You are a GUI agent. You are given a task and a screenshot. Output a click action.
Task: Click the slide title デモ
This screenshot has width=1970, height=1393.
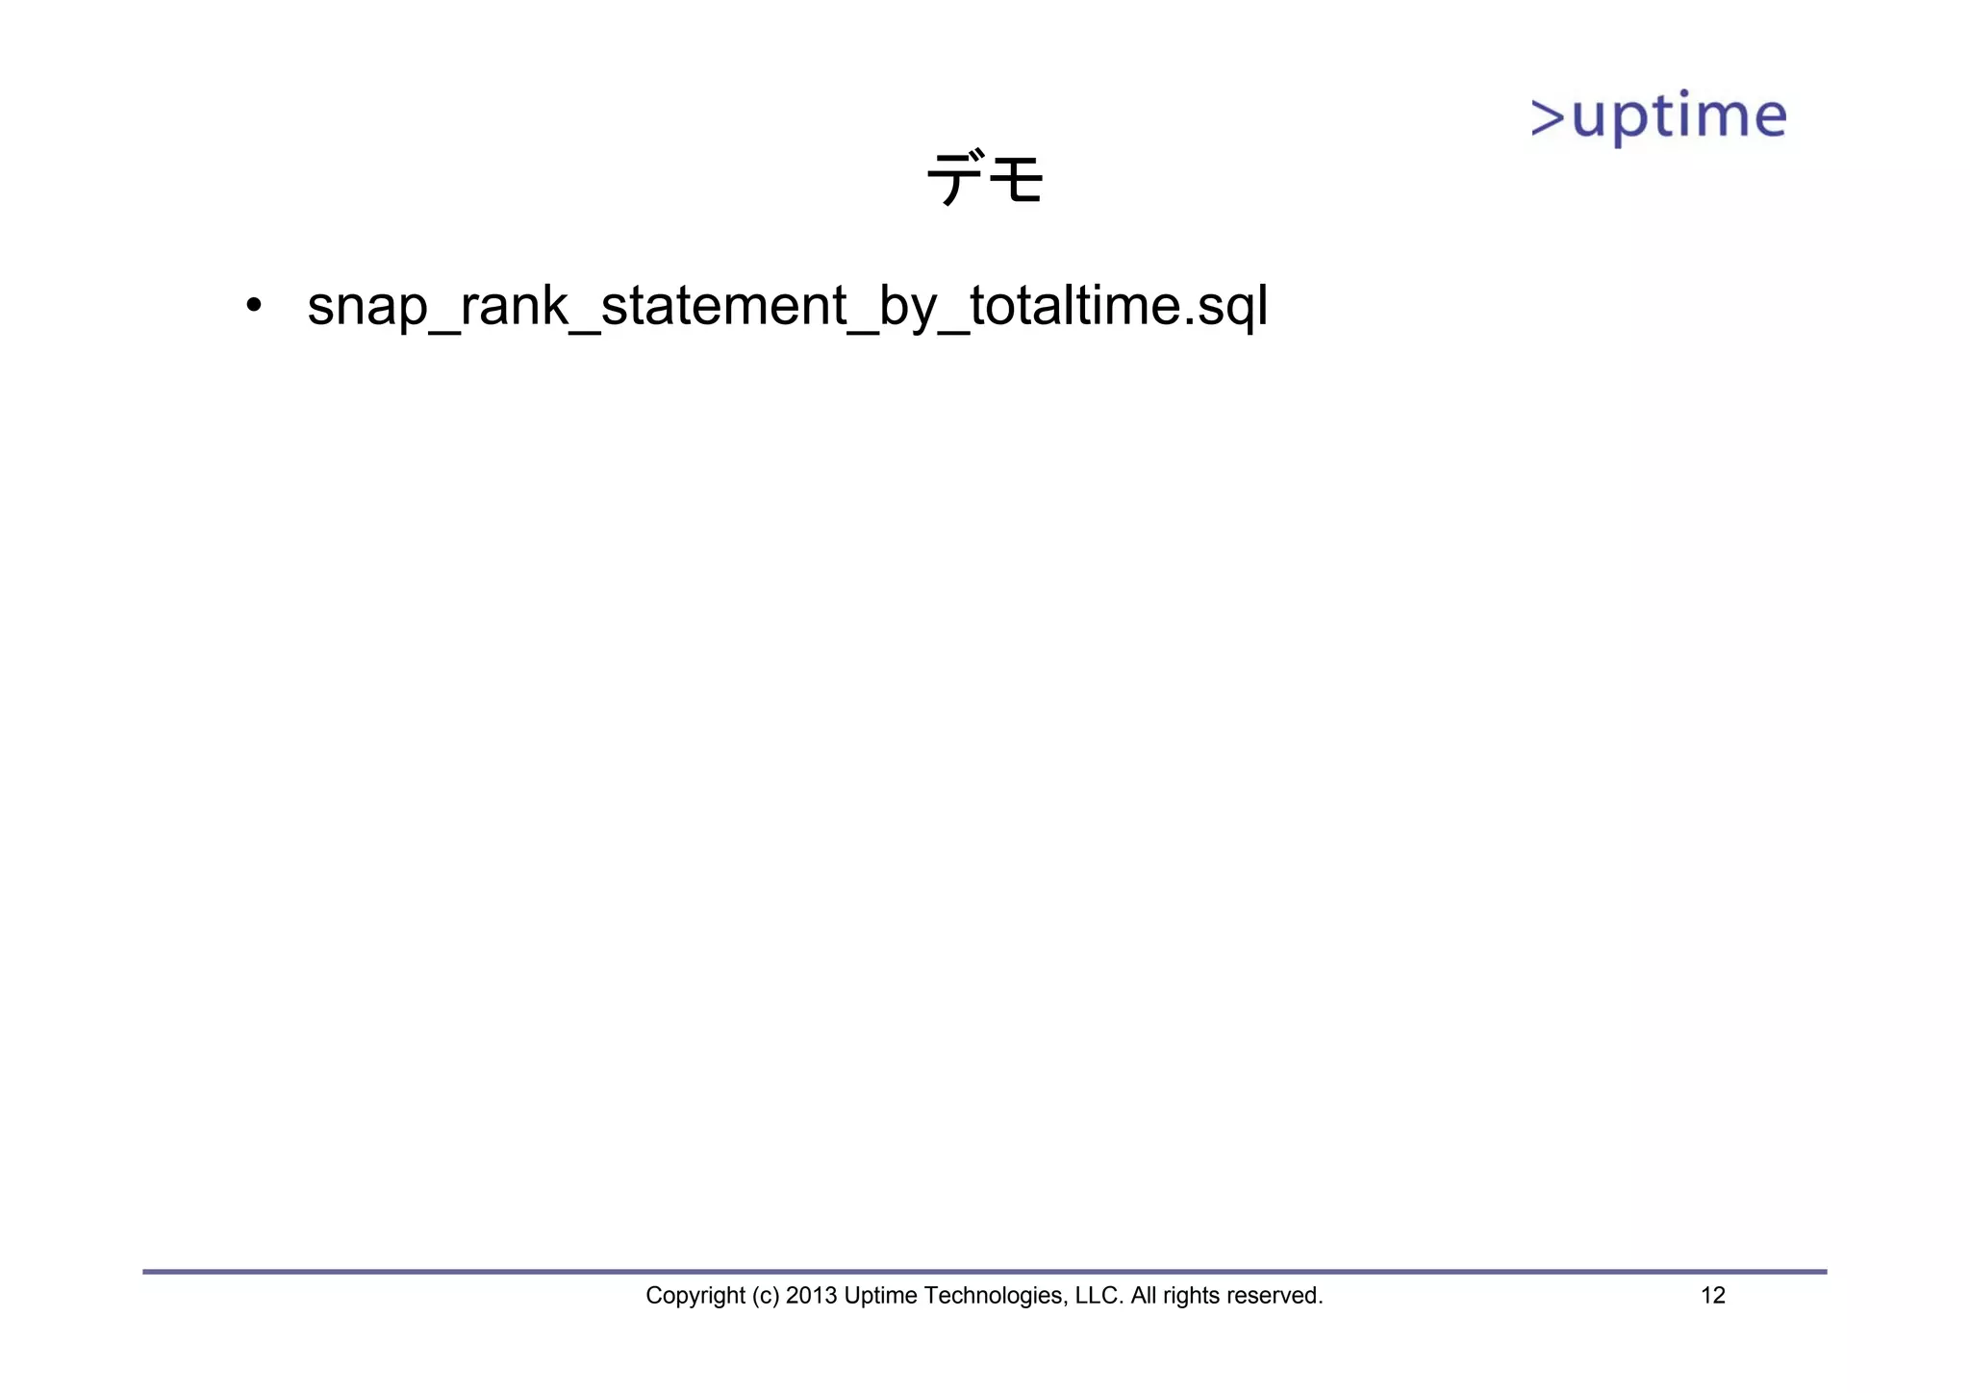click(984, 178)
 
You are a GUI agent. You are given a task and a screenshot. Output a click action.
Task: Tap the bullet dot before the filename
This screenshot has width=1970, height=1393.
click(253, 306)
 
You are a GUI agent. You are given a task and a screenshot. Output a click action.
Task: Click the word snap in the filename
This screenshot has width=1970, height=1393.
click(366, 307)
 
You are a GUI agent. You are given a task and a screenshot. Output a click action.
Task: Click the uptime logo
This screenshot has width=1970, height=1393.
click(1658, 118)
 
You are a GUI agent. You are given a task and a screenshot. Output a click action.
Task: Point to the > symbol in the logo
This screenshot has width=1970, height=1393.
click(1548, 118)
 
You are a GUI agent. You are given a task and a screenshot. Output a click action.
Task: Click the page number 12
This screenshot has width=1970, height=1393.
click(1713, 1296)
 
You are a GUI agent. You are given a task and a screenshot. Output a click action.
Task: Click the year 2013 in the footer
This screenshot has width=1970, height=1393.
click(811, 1296)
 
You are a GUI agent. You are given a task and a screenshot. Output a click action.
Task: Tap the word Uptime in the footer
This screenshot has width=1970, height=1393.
click(880, 1296)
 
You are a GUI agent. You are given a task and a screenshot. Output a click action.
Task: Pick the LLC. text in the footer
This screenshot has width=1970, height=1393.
click(1099, 1296)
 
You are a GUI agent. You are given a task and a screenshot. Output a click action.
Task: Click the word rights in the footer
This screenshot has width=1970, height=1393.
click(1194, 1296)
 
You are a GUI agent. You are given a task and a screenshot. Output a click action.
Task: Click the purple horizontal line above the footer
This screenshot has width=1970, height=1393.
click(984, 1272)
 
